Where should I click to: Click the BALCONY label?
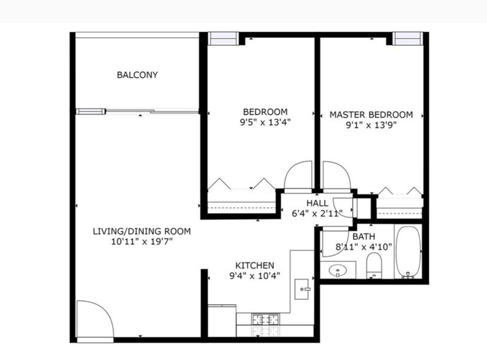[x=137, y=75]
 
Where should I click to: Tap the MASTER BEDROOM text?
[x=371, y=114]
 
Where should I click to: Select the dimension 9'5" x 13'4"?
[x=265, y=122]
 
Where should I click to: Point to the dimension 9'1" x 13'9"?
[x=371, y=125]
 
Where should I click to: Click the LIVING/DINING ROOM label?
[x=142, y=231]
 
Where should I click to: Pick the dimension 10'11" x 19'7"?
[x=142, y=242]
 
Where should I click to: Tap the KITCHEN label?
[x=254, y=265]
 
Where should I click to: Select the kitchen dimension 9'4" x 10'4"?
[x=254, y=276]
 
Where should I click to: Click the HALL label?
[x=317, y=203]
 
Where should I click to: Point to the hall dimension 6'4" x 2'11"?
[x=317, y=213]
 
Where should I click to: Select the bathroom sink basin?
[x=338, y=270]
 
